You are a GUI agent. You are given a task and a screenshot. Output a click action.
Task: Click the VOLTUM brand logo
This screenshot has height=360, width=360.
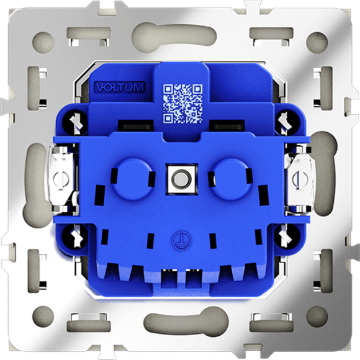coord(120,88)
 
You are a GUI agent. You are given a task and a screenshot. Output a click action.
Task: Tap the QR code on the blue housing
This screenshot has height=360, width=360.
coord(183,104)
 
